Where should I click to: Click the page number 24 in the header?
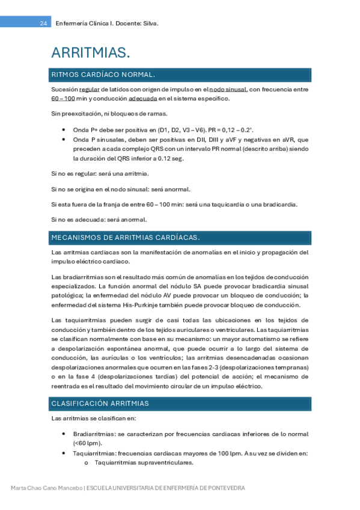(43, 23)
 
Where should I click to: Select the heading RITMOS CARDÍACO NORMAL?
(103, 75)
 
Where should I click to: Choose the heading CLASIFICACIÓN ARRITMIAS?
(100, 403)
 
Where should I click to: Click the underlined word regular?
(90, 90)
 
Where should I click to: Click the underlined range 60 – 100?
(63, 98)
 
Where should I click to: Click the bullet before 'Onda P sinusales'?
(64, 139)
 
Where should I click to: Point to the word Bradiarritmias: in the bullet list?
(95, 434)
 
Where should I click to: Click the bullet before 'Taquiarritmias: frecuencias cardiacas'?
(64, 453)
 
